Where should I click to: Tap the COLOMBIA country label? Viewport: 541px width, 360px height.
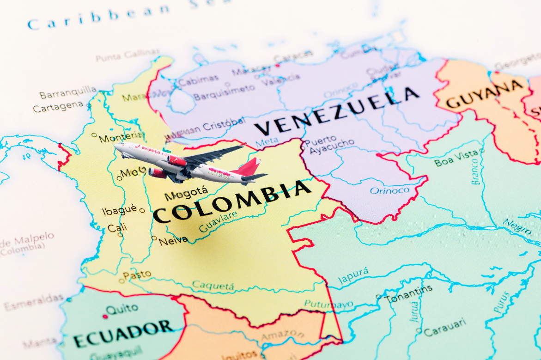[232, 201]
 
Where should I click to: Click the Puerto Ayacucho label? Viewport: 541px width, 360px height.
[331, 146]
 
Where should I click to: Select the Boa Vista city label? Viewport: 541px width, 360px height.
[456, 159]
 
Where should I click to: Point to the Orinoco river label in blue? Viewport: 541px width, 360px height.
[389, 190]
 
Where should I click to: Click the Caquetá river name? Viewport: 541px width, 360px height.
[213, 286]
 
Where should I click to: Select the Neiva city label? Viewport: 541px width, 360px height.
[173, 240]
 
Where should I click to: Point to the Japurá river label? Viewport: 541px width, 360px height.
[353, 275]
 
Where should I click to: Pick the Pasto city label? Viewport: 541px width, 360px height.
[137, 275]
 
